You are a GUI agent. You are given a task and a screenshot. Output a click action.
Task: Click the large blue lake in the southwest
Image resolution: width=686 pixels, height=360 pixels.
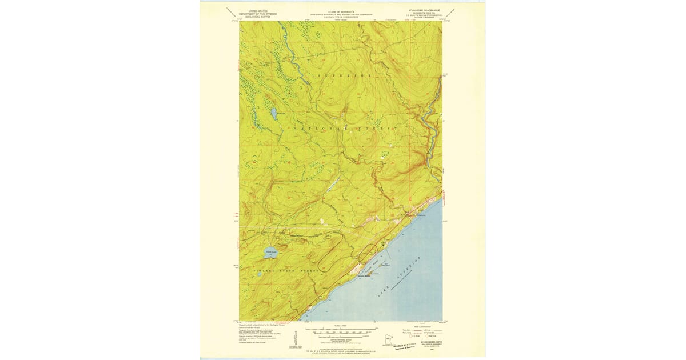271,253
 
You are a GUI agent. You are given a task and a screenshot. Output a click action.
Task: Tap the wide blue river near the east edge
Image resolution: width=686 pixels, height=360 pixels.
434,131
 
